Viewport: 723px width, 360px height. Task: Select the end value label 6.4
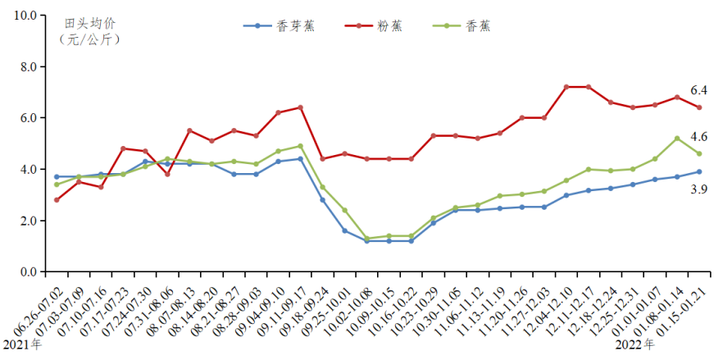point(698,90)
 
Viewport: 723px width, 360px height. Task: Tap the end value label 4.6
point(698,137)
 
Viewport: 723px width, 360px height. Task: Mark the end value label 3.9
point(698,189)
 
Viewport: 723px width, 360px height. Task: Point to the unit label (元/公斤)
point(89,39)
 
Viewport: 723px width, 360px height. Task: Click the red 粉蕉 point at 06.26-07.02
point(57,200)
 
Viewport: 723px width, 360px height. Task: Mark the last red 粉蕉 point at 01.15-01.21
point(698,107)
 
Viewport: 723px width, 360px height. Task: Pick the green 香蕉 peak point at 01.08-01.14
point(676,138)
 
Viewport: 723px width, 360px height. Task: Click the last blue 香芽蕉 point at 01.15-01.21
point(698,171)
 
